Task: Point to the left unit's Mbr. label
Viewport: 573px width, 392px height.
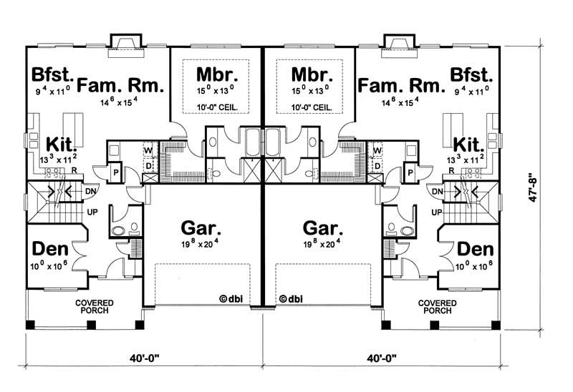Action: pyautogui.click(x=217, y=75)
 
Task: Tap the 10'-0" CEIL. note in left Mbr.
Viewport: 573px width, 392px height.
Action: pyautogui.click(x=217, y=108)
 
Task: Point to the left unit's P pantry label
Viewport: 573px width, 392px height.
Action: pyautogui.click(x=116, y=174)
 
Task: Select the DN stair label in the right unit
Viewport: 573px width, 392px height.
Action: pyautogui.click(x=435, y=192)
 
